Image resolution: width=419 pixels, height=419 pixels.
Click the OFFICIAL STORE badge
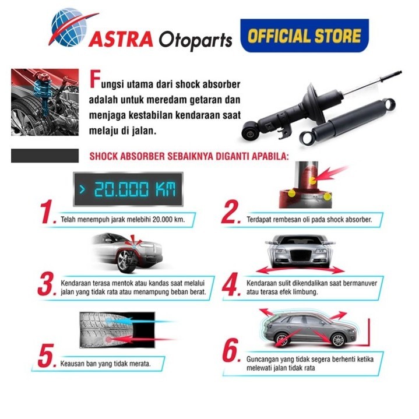coord(304,36)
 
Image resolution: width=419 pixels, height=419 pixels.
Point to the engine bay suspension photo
coord(45,102)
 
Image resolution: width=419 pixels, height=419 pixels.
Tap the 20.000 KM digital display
coord(126,189)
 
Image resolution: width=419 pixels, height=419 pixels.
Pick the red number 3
coord(47,284)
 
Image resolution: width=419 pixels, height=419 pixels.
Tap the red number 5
coord(47,356)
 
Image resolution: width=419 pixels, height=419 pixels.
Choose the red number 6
coord(231,352)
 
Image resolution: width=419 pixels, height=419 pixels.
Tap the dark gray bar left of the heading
coord(44,156)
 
